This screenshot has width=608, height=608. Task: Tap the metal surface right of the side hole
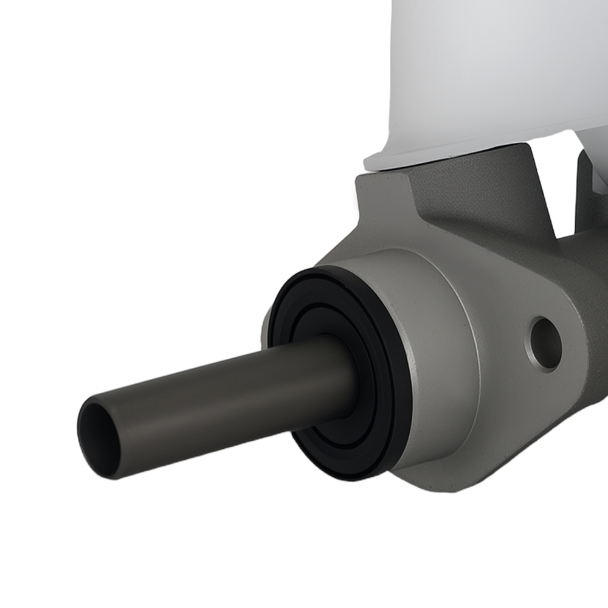[584, 353]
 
